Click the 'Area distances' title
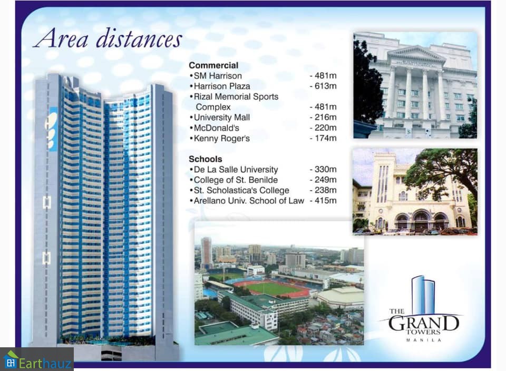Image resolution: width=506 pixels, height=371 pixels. pos(108,39)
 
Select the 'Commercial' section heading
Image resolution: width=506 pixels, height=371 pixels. pos(213,65)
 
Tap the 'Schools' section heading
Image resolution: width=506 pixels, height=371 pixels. pos(205,159)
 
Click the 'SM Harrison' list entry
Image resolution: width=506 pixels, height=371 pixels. pos(218,76)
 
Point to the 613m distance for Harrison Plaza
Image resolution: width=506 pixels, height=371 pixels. pos(323,86)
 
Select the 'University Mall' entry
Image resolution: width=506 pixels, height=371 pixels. pos(222,118)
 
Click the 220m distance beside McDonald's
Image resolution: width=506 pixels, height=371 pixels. pos(323,128)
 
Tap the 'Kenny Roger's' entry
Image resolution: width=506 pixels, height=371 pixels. pos(222,139)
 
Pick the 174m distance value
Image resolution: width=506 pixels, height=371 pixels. pos(323,138)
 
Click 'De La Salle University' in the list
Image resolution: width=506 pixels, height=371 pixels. pos(236,170)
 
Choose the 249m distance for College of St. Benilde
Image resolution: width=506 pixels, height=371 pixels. pos(323,180)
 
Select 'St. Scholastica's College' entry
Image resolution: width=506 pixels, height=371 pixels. pos(241,190)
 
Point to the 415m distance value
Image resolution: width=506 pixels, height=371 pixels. pos(323,200)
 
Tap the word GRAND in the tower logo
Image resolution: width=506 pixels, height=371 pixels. pos(423,323)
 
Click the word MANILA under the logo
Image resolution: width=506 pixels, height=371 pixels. pos(423,340)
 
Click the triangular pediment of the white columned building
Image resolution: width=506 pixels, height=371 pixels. pos(416,54)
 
